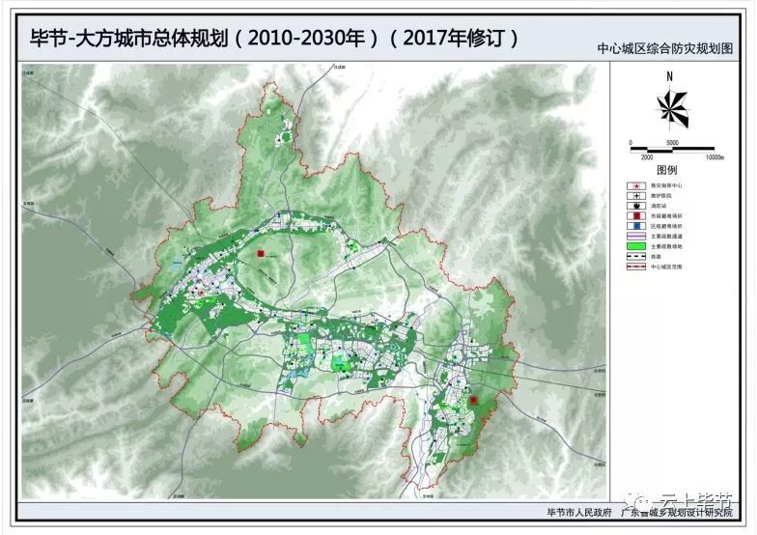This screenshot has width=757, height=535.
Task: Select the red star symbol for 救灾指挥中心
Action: point(636,184)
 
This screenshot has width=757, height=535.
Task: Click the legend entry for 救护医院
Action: point(636,196)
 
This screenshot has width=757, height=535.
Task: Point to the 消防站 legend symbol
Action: point(636,207)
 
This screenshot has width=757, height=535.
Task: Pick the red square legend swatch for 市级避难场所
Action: point(636,217)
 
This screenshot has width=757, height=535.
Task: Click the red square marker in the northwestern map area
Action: point(261,254)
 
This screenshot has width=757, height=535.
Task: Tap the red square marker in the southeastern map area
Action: point(474,400)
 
